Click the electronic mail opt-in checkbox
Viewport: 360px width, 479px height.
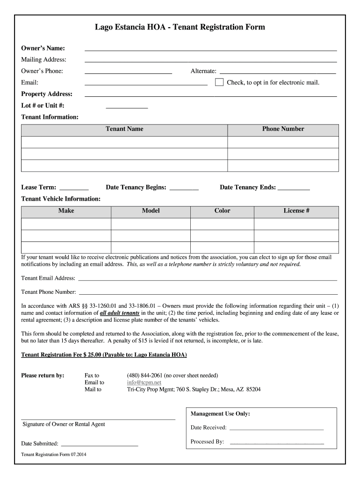pyautogui.click(x=219, y=83)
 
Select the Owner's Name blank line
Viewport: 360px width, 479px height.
pyautogui.click(x=210, y=48)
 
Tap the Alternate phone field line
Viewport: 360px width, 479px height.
pyautogui.click(x=278, y=72)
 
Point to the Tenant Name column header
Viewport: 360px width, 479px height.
pyautogui.click(x=124, y=129)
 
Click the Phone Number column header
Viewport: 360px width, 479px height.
pyautogui.click(x=283, y=129)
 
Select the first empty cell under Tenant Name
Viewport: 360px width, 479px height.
pyautogui.click(x=124, y=142)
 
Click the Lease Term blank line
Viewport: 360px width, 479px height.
pyautogui.click(x=74, y=188)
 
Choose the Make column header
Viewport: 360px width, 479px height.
pyautogui.click(x=66, y=211)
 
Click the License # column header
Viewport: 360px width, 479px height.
pyautogui.click(x=296, y=211)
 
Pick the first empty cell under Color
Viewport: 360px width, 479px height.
pyautogui.click(x=222, y=224)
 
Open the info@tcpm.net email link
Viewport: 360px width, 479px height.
pyautogui.click(x=144, y=382)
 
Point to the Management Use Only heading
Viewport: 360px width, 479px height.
pyautogui.click(x=220, y=414)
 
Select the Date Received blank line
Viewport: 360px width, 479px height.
pyautogui.click(x=276, y=428)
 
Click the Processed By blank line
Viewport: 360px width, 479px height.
pyautogui.click(x=277, y=442)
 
